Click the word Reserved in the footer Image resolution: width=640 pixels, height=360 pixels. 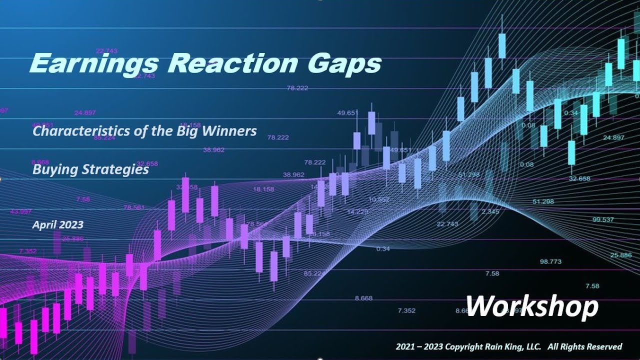point(604,346)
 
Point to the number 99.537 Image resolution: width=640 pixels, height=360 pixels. point(603,219)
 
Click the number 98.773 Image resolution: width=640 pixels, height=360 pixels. point(550,261)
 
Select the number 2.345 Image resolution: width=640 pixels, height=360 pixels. point(490,211)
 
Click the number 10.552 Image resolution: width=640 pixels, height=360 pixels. point(378,199)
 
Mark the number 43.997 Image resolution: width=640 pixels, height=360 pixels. point(20,211)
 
